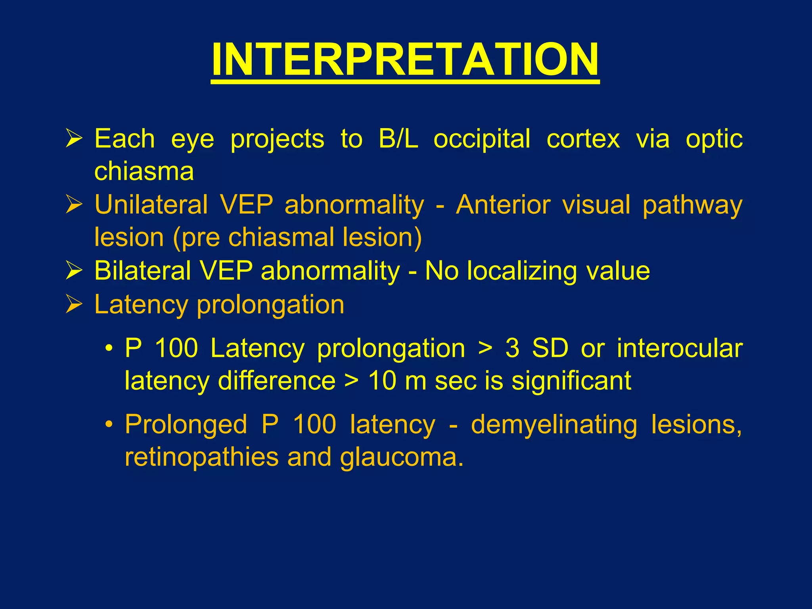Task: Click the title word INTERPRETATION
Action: [x=405, y=59]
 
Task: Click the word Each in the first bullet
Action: [x=124, y=139]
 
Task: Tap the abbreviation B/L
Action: [x=398, y=139]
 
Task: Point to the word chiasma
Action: [x=144, y=171]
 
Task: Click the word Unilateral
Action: [x=151, y=205]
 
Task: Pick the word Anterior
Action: [x=503, y=205]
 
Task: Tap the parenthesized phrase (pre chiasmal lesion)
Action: [x=297, y=237]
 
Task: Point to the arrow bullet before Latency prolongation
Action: [x=74, y=304]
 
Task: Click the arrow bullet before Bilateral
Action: [x=74, y=271]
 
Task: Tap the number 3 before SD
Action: [x=512, y=348]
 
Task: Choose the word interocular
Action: [x=680, y=348]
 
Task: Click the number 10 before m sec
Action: [x=382, y=381]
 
